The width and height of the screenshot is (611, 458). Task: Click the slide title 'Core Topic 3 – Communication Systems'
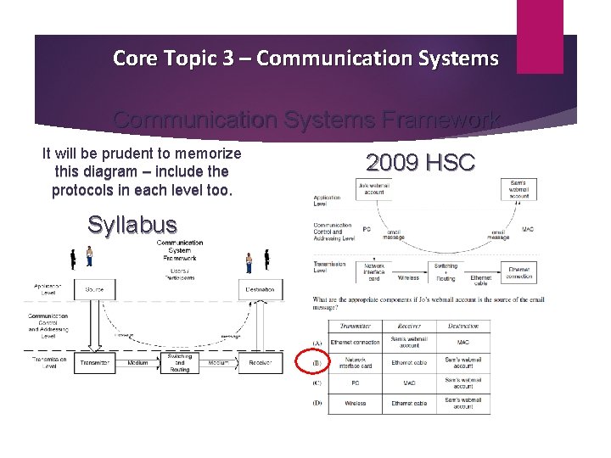[x=305, y=59]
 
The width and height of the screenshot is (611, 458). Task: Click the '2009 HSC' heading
[x=420, y=162]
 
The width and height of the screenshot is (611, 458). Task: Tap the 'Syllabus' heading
[x=132, y=225]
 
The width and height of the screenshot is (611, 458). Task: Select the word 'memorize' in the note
[x=204, y=154]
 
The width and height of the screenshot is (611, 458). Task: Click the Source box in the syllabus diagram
[x=95, y=289]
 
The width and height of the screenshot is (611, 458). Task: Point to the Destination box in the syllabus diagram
[x=261, y=289]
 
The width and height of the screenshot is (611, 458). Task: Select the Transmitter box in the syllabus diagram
[x=95, y=363]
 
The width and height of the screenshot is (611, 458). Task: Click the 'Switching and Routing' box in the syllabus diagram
[x=180, y=363]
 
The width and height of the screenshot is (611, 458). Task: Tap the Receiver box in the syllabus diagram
[x=261, y=363]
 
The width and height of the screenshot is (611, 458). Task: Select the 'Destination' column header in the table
[x=463, y=326]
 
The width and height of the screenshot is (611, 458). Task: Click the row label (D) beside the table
[x=317, y=403]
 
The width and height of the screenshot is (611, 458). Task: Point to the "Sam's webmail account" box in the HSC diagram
[x=519, y=188]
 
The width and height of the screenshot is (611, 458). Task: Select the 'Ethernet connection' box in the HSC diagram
[x=519, y=273]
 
